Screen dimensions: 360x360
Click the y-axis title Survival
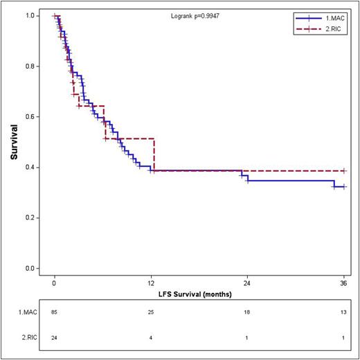coord(15,143)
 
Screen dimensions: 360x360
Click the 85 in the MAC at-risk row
coord(55,313)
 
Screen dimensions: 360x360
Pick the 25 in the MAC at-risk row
coord(151,313)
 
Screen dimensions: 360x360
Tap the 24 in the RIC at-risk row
coord(55,337)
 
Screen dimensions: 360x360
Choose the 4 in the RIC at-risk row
coord(151,337)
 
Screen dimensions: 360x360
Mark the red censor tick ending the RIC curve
coord(343,170)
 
